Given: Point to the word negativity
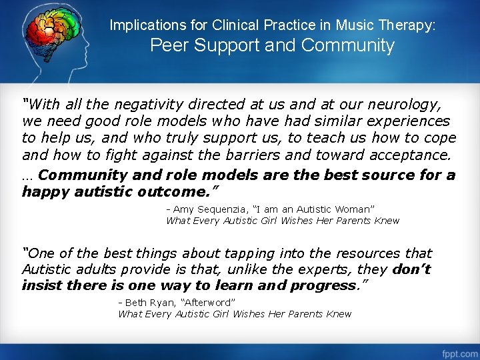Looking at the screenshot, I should coord(147,105).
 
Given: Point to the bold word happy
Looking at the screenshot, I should coord(45,192).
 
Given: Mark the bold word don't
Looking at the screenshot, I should coord(411,270).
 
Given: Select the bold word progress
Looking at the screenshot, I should coord(324,286).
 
